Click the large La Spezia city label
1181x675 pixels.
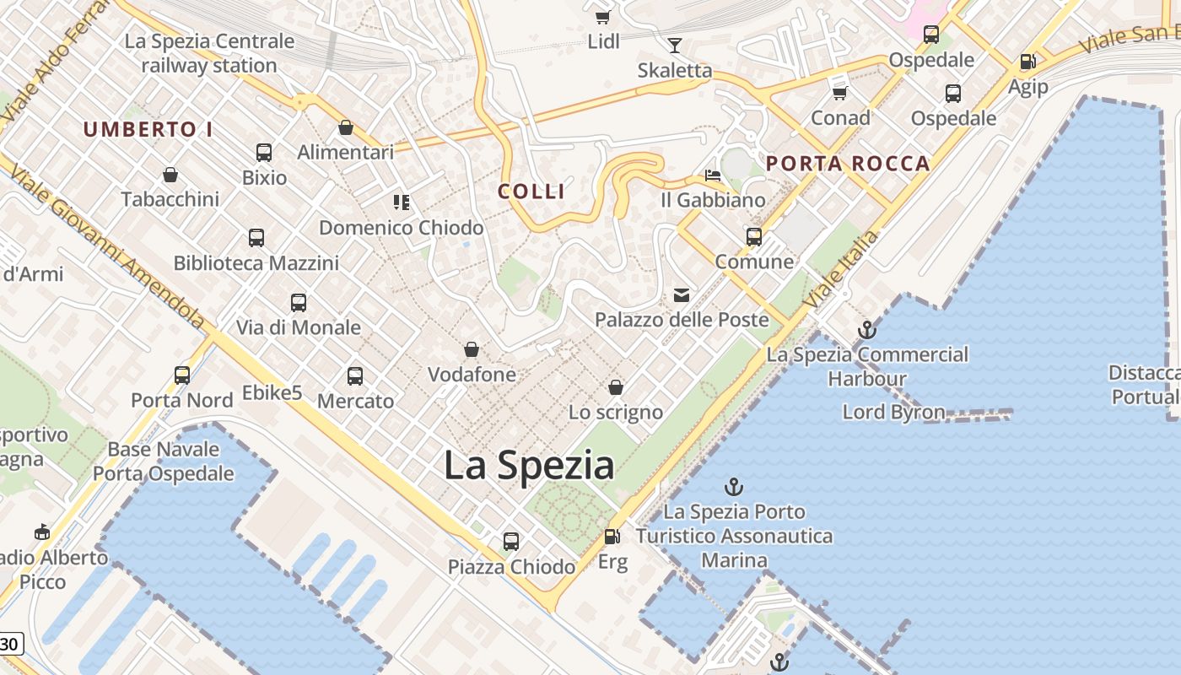pyautogui.click(x=529, y=466)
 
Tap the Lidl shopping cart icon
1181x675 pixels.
pyautogui.click(x=602, y=17)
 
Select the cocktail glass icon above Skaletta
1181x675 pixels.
pyautogui.click(x=675, y=45)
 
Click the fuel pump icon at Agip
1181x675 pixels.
pyautogui.click(x=1027, y=62)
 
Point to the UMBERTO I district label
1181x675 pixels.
pyautogui.click(x=148, y=129)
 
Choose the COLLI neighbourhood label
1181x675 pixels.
pyautogui.click(x=531, y=192)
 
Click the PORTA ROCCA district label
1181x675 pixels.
pyautogui.click(x=847, y=164)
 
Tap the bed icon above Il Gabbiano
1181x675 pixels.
pyautogui.click(x=713, y=175)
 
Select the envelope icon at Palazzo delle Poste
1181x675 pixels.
pyautogui.click(x=682, y=295)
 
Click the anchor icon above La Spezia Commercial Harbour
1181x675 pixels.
pyautogui.click(x=866, y=330)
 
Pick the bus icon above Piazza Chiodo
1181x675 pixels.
pyautogui.click(x=511, y=542)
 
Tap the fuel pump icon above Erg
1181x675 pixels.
pyautogui.click(x=612, y=537)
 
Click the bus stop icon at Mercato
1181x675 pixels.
pyautogui.click(x=355, y=376)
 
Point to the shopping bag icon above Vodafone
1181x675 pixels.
pyautogui.click(x=472, y=349)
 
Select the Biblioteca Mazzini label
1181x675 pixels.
pyautogui.click(x=256, y=263)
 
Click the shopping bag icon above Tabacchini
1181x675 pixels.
pyautogui.click(x=170, y=175)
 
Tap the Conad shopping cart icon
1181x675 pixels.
pyautogui.click(x=839, y=93)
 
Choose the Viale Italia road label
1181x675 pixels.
pyautogui.click(x=840, y=268)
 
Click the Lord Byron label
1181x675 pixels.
pyautogui.click(x=893, y=412)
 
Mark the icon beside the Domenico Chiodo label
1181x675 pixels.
pyautogui.click(x=401, y=202)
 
